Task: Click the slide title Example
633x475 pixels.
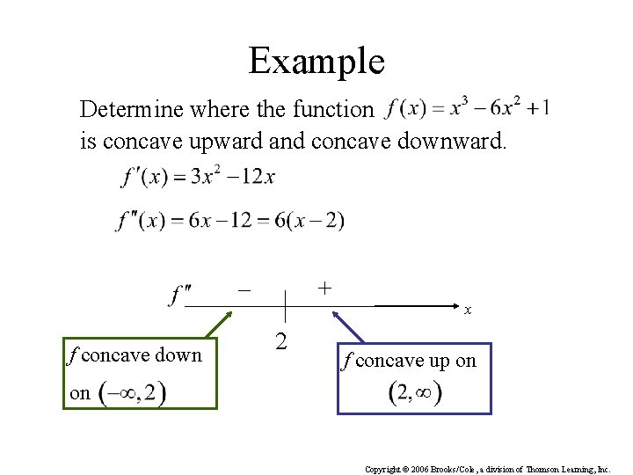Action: click(316, 61)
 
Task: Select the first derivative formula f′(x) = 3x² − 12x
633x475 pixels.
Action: click(198, 178)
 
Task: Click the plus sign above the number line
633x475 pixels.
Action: click(324, 287)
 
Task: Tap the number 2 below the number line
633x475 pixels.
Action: click(280, 340)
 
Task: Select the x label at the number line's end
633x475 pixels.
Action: click(469, 311)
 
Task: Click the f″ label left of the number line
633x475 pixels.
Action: click(180, 293)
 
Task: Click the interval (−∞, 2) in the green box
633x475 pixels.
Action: click(132, 392)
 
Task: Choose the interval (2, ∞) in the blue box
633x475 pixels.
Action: click(414, 392)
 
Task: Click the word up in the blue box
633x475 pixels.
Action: click(439, 361)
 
